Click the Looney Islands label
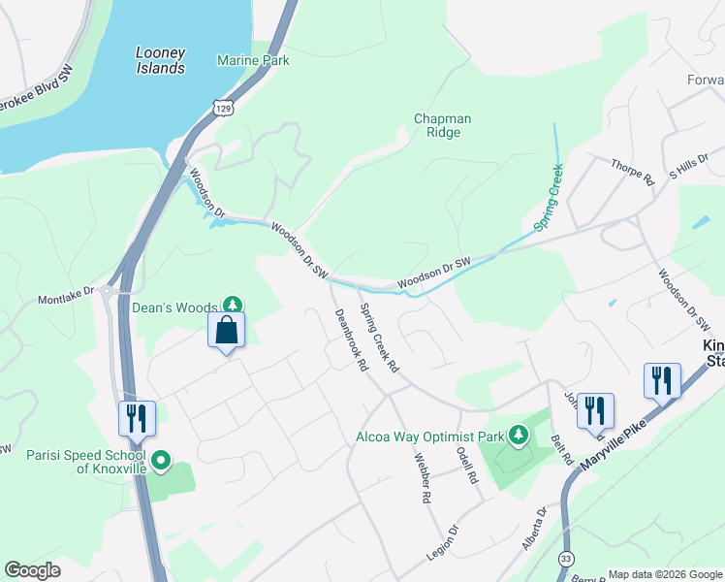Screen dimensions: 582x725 click(x=160, y=61)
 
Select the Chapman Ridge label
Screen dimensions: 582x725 click(x=442, y=125)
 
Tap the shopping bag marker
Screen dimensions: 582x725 click(x=226, y=330)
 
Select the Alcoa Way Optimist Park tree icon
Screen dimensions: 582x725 click(x=519, y=436)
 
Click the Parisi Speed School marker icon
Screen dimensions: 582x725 click(x=161, y=461)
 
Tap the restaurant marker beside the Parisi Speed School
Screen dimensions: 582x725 click(x=136, y=418)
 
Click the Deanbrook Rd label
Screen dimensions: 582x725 click(x=350, y=340)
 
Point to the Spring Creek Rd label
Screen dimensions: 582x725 click(x=379, y=339)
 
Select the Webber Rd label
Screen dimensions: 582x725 click(x=422, y=478)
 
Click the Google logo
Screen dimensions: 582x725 click(x=32, y=570)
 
